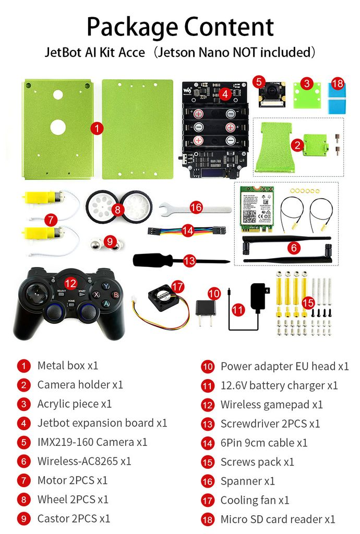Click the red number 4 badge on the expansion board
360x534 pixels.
tap(225, 94)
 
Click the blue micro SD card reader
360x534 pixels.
tap(337, 97)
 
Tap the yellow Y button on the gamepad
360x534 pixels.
tap(106, 286)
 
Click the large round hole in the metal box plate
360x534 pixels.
tap(57, 127)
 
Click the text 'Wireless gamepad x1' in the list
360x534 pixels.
tap(271, 405)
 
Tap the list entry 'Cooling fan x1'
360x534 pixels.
tap(255, 501)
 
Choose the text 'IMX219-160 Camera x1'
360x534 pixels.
tap(92, 443)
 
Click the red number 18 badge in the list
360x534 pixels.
tap(208, 519)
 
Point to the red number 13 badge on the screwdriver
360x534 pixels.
tap(189, 260)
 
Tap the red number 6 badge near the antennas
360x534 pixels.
tap(294, 248)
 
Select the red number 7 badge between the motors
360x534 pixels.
tap(50, 220)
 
